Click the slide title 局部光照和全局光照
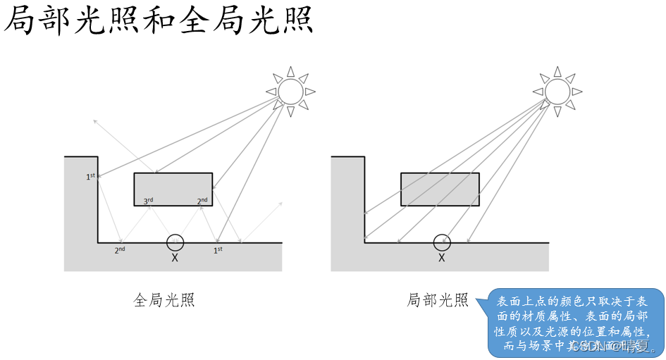(158, 21)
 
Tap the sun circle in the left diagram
(290, 91)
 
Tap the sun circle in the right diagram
(557, 91)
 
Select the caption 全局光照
(164, 300)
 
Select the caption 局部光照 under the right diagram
(438, 300)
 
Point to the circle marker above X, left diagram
(175, 242)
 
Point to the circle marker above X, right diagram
(442, 242)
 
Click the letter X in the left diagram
(175, 259)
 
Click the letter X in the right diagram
(442, 259)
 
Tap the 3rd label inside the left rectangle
(148, 201)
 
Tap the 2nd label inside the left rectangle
(202, 201)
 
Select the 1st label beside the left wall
(91, 176)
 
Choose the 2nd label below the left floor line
(120, 249)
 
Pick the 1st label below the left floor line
(218, 249)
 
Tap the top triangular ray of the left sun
(290, 71)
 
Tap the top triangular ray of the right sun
(557, 71)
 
